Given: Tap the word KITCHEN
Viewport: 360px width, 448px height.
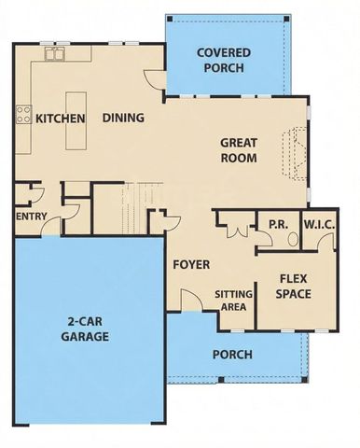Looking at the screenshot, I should (61, 119).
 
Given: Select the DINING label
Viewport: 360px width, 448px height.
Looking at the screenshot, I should (123, 119).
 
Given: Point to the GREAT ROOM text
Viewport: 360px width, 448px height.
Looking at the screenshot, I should (238, 150).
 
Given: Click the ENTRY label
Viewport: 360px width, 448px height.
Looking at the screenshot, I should (33, 217).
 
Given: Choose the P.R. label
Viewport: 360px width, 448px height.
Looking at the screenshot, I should (277, 225).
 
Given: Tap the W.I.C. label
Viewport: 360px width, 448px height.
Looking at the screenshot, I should (319, 225).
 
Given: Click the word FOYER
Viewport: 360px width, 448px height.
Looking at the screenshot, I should (191, 264).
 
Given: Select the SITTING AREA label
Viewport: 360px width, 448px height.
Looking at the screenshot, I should (233, 300).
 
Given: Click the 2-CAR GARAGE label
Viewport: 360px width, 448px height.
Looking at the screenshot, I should (88, 329).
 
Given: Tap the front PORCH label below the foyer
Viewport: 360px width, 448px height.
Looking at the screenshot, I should (231, 355).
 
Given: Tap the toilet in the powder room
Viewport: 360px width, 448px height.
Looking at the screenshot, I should (292, 239).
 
